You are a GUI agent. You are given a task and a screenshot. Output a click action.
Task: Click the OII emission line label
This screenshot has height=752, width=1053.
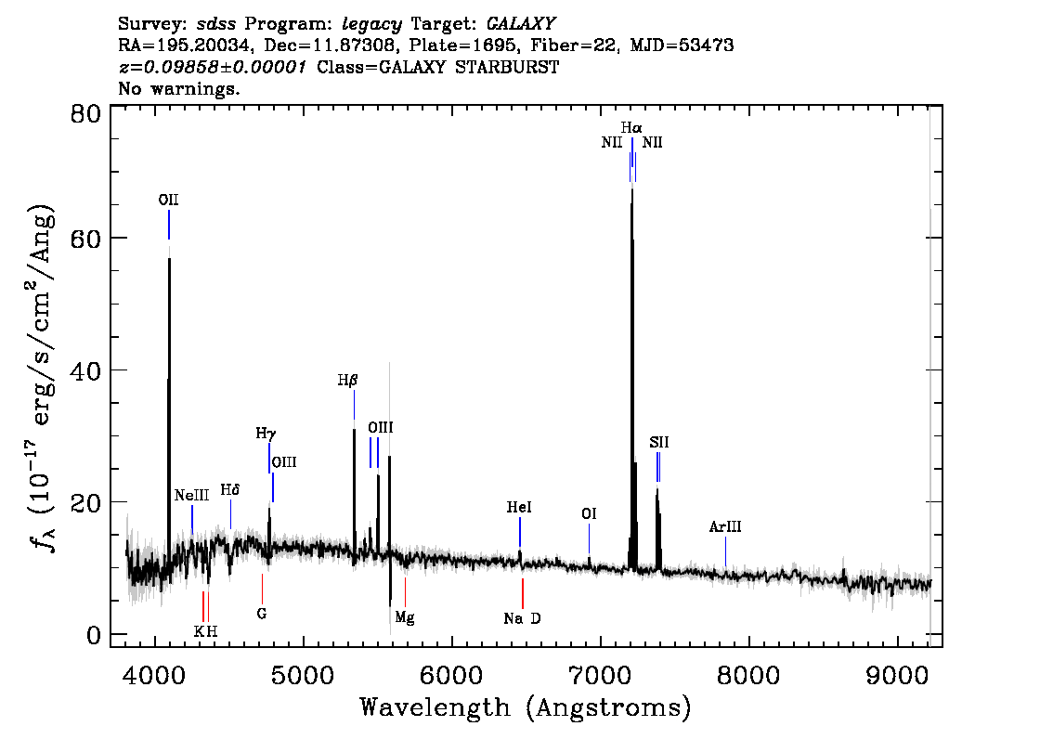(169, 201)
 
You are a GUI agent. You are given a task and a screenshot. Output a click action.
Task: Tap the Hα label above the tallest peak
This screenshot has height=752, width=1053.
(631, 127)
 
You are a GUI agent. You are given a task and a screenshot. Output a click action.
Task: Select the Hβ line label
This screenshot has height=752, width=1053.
(348, 381)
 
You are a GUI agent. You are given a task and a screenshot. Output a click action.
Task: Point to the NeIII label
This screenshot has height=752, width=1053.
(192, 496)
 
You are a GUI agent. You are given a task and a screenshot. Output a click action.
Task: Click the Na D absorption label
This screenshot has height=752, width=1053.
(523, 618)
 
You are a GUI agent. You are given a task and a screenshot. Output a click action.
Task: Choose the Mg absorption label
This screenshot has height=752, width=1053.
(405, 617)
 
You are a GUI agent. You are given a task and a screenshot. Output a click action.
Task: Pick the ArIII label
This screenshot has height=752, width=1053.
(725, 527)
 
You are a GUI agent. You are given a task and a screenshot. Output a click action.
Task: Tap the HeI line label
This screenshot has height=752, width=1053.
(519, 507)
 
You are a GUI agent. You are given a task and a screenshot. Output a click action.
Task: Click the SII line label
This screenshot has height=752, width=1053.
(658, 443)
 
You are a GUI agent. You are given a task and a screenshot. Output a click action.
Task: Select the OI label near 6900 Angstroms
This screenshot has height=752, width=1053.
(589, 513)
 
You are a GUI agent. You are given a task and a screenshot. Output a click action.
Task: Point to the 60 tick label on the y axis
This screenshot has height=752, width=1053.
(85, 239)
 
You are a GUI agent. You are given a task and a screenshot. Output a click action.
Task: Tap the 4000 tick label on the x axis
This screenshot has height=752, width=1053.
(155, 675)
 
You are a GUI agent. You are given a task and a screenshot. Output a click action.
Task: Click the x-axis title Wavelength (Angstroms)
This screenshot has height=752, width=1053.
(526, 707)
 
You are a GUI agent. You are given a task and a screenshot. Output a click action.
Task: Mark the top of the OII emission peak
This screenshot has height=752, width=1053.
(169, 258)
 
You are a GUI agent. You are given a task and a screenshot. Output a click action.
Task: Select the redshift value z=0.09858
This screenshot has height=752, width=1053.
(213, 67)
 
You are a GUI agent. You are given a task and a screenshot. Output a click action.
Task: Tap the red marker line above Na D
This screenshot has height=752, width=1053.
(523, 593)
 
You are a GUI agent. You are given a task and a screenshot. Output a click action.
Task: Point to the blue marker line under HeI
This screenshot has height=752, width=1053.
(520, 532)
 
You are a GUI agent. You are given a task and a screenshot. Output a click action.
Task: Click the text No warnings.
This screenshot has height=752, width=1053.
(178, 88)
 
